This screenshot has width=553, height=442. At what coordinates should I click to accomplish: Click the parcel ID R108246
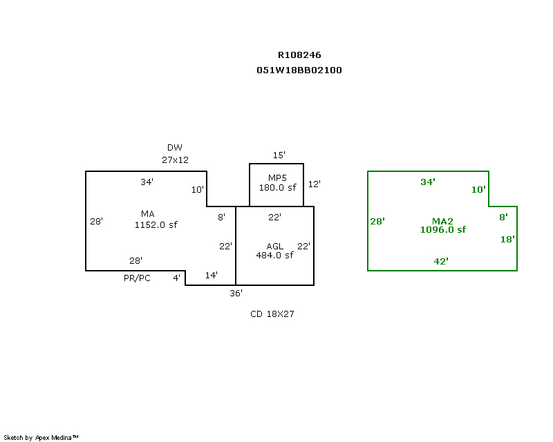299,55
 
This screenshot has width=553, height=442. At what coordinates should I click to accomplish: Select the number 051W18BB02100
299,70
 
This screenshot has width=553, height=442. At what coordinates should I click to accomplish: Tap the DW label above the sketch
175,148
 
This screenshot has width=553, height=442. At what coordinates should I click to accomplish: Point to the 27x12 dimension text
175,160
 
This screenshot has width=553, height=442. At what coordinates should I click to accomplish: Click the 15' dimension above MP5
279,155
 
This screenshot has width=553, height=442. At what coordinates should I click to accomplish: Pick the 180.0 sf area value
276,187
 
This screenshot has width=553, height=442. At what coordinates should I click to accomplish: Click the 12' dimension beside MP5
315,184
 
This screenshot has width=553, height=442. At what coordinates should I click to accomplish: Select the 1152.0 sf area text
156,224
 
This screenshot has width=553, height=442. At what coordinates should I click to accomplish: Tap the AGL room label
274,247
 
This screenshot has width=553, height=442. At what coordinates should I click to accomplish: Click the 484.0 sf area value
274,255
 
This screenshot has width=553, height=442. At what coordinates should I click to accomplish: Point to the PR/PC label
137,278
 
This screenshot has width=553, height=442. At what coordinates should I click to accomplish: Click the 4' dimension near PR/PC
177,278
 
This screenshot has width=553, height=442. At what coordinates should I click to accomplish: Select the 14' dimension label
212,276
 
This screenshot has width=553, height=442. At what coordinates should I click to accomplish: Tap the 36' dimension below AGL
236,294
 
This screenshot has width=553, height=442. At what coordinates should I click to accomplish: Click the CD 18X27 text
273,314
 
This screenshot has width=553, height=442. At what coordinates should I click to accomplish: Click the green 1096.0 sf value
443,230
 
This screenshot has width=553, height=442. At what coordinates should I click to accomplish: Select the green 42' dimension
441,261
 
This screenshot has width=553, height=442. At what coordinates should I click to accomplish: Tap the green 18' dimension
508,240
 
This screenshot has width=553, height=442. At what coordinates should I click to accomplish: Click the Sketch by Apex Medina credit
41,438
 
